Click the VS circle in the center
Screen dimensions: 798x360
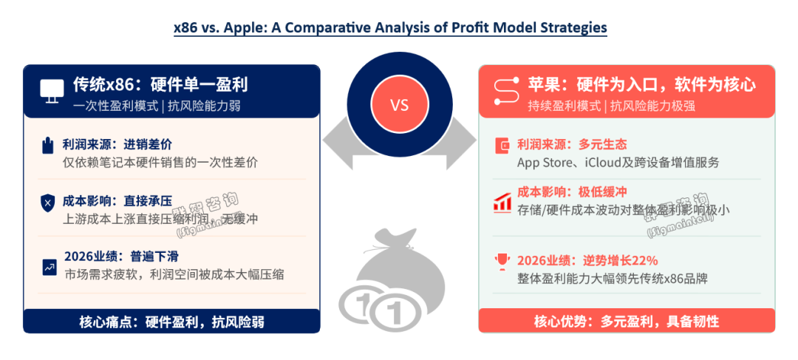[400, 105]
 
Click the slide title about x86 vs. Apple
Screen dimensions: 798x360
[390, 27]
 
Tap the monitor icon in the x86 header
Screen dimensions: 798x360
[52, 91]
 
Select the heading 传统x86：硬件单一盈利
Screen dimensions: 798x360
[160, 84]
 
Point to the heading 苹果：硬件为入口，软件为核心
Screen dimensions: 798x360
[641, 84]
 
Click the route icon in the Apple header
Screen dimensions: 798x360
[506, 91]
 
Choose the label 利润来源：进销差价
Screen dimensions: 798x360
[117, 145]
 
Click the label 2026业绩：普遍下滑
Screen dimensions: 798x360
[121, 256]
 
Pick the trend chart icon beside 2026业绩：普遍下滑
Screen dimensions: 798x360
[50, 267]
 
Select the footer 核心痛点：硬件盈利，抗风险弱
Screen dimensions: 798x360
[171, 322]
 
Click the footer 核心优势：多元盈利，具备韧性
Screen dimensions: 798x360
[627, 322]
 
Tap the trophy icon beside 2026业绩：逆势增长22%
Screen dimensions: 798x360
[502, 262]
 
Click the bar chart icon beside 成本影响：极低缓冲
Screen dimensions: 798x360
[502, 203]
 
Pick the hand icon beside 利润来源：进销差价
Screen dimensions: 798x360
[48, 145]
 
